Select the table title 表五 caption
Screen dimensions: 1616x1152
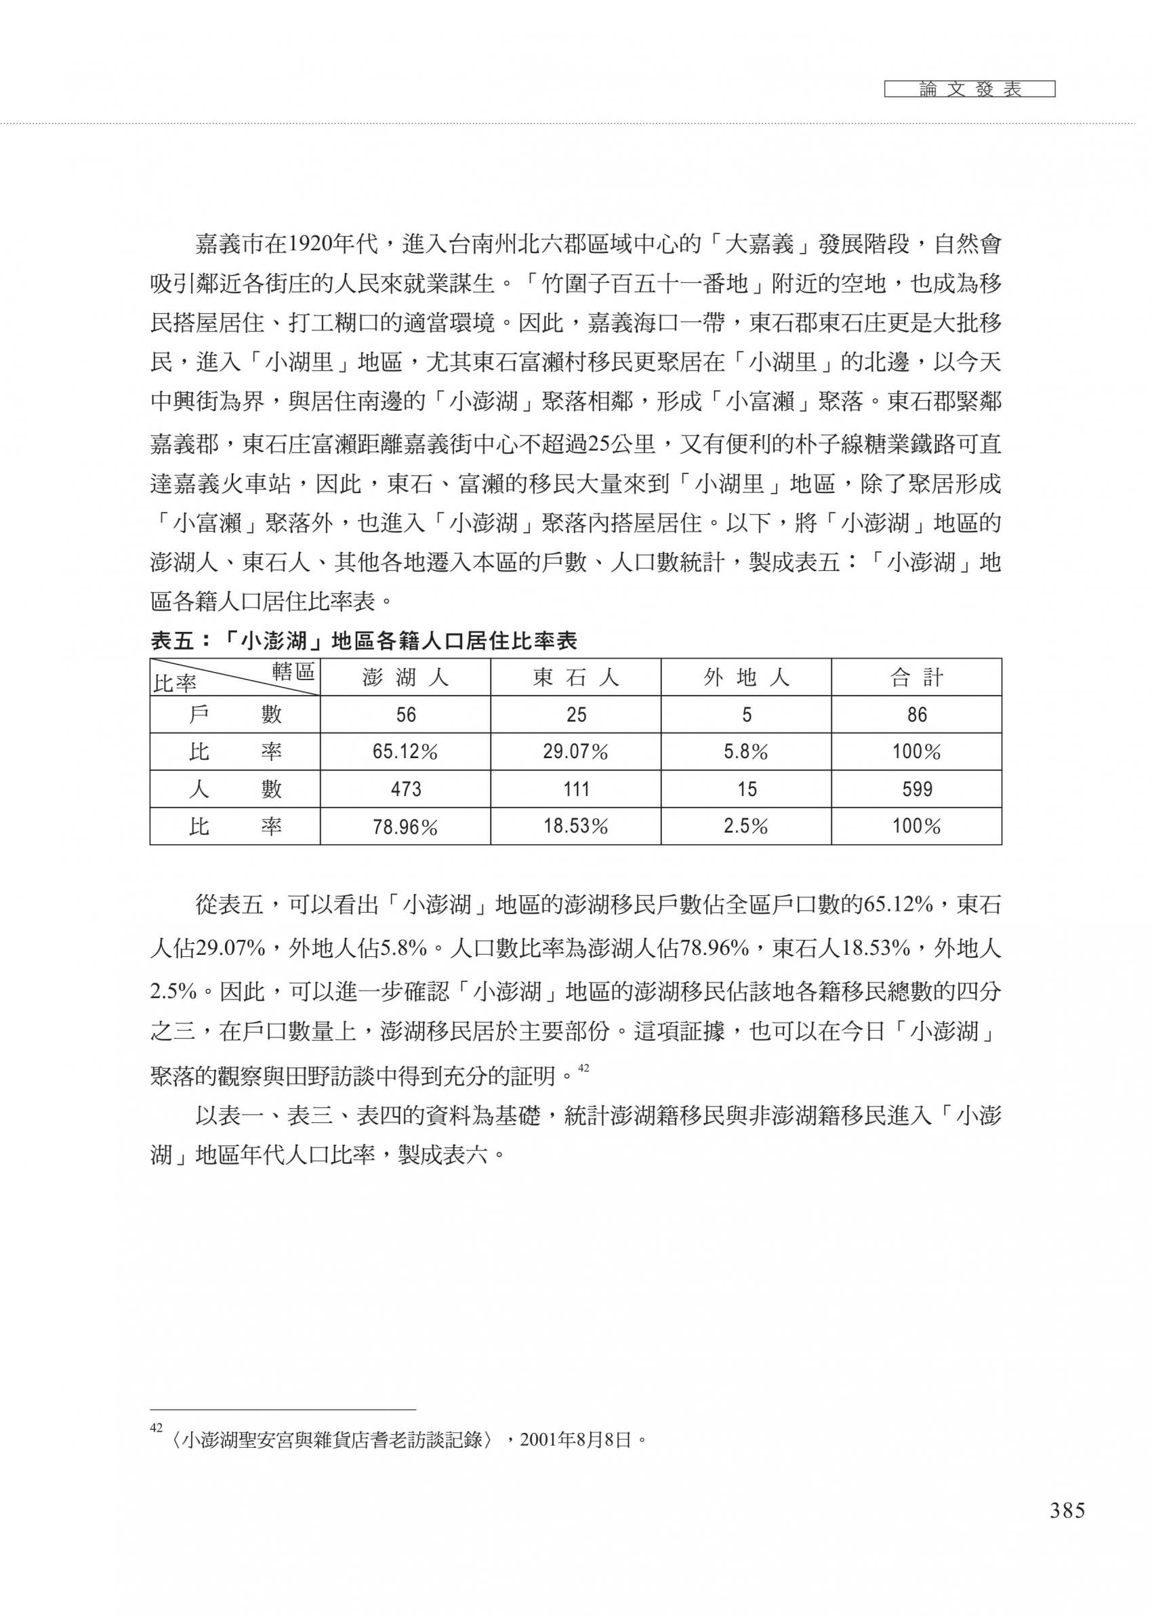tap(364, 642)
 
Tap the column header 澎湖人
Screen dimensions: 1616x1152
tap(405, 677)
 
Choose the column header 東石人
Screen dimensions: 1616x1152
tap(575, 677)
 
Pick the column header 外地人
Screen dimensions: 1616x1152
tap(746, 677)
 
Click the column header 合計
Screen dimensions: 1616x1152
tap(916, 677)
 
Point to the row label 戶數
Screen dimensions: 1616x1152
tap(234, 715)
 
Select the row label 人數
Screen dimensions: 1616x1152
tap(234, 789)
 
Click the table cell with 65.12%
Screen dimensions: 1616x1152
tap(405, 752)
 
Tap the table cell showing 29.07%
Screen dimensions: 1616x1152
tap(575, 752)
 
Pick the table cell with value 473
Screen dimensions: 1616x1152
tap(405, 789)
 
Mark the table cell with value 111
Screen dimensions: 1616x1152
tap(575, 789)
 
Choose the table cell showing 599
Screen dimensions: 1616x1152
tap(916, 789)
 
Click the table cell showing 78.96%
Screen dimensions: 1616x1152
tap(405, 827)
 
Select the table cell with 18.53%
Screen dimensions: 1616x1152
tap(575, 826)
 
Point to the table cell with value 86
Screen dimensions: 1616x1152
tap(916, 715)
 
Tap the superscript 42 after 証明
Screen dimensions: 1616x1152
tap(583, 1067)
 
